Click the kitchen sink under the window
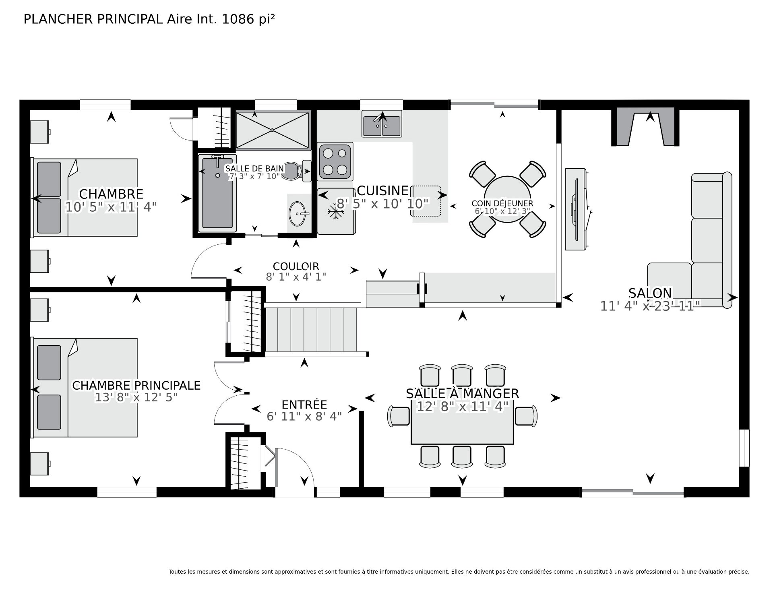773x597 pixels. coord(382,124)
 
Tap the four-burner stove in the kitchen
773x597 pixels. coord(335,161)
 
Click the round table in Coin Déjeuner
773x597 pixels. coord(507,199)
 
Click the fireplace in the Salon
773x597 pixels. coord(645,127)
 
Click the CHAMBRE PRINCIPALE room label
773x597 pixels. coord(136,385)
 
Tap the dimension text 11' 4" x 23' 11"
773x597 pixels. coord(651,306)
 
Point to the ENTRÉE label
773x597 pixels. coord(304,405)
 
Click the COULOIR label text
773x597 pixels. coord(296,266)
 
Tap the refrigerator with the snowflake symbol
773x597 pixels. coord(336,211)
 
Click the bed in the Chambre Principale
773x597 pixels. coord(85,388)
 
